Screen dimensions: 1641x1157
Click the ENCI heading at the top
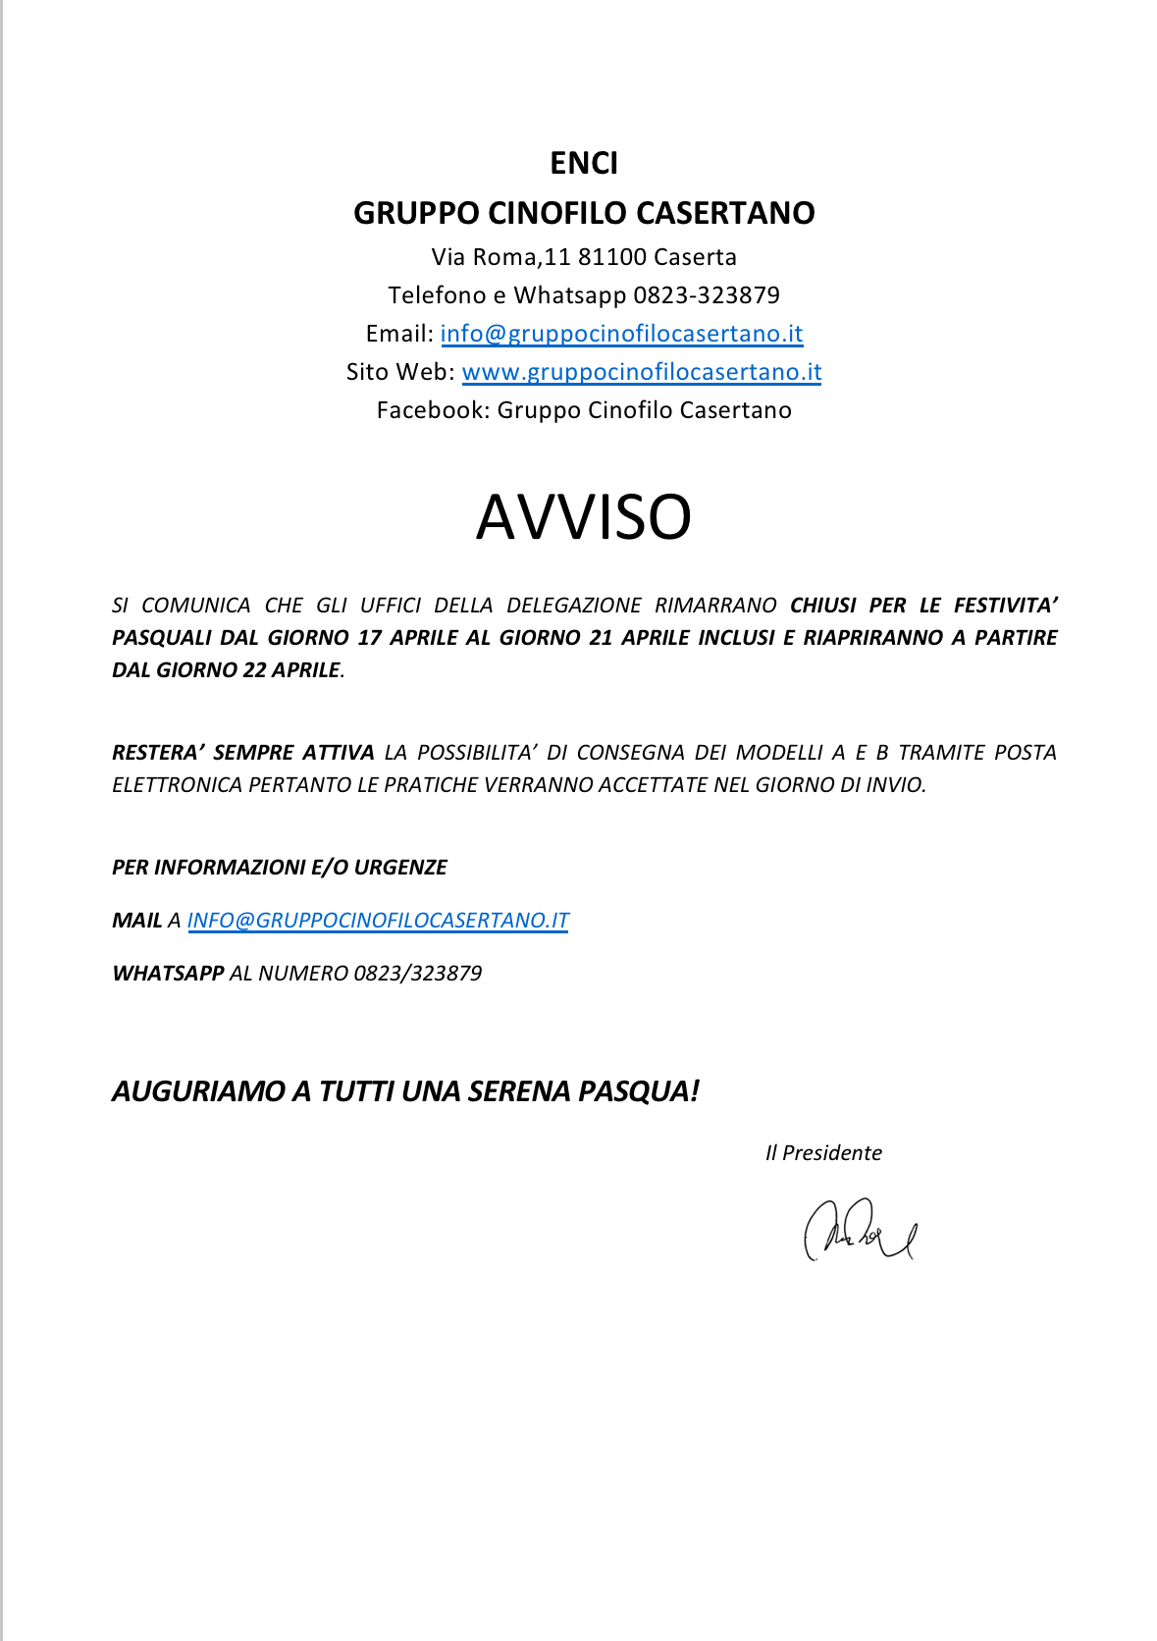click(x=583, y=163)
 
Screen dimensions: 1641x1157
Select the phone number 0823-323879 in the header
click(x=706, y=295)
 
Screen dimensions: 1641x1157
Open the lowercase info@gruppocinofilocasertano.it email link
click(x=621, y=334)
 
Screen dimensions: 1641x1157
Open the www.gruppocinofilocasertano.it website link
click(x=641, y=372)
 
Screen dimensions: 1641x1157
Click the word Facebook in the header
click(x=431, y=410)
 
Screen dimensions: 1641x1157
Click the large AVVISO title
click(x=583, y=517)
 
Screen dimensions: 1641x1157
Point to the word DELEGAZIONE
click(x=573, y=606)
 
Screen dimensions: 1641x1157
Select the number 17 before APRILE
click(x=369, y=638)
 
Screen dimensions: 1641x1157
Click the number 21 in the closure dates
click(x=601, y=638)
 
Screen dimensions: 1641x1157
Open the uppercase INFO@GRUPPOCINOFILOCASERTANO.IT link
click(x=378, y=921)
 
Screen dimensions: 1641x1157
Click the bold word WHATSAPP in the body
click(x=168, y=974)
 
